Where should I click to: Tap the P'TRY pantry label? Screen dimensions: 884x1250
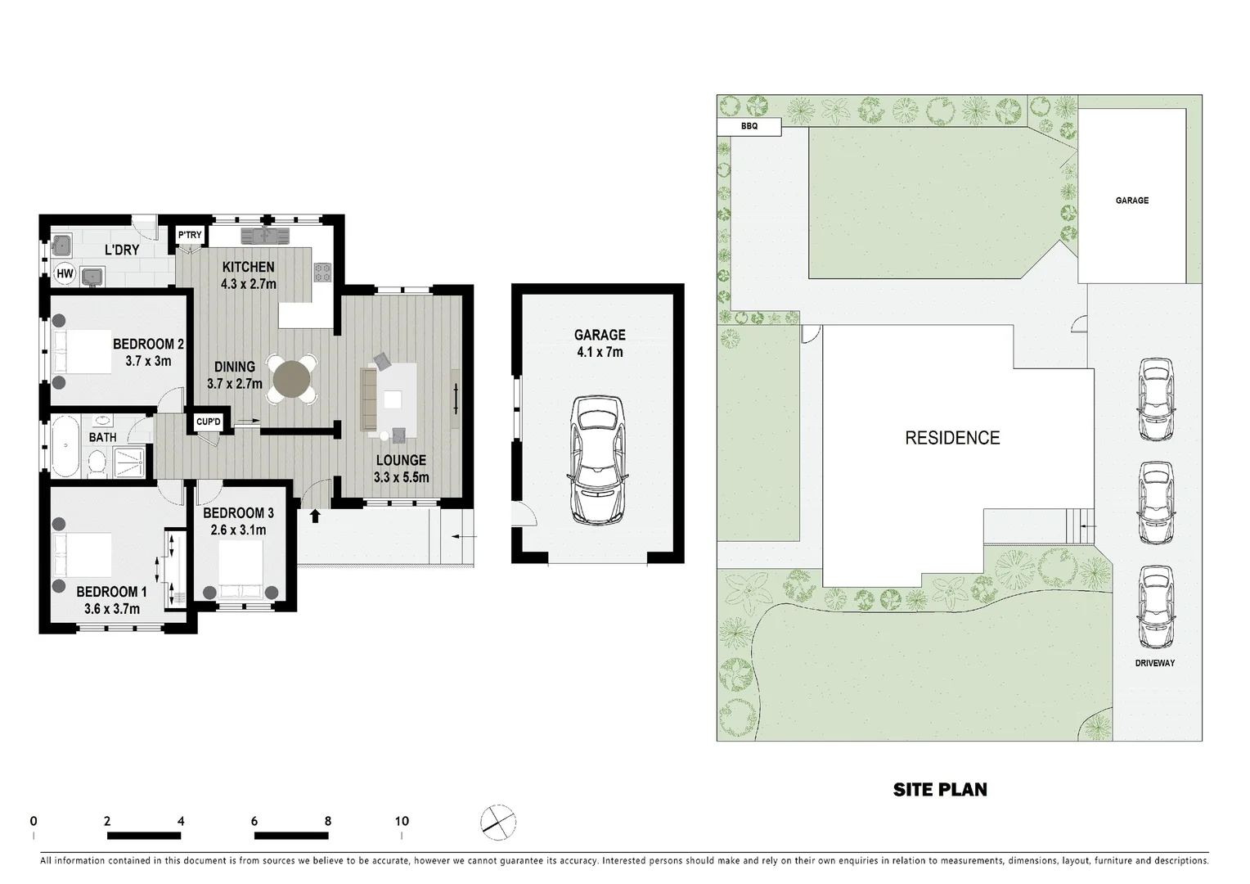[x=190, y=236]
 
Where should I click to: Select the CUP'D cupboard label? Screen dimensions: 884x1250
[x=209, y=422]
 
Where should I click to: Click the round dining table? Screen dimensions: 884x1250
[x=292, y=379]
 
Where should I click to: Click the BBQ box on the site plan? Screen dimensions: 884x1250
[x=749, y=127]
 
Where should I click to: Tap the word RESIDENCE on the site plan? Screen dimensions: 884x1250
[x=952, y=438]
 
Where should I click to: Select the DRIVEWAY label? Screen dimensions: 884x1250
[x=1154, y=663]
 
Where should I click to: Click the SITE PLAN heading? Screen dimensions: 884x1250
[x=940, y=790]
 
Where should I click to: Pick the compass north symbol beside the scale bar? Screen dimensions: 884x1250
[x=499, y=823]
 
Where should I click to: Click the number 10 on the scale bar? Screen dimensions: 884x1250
[x=402, y=821]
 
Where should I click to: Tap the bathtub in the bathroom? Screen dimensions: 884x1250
[x=64, y=447]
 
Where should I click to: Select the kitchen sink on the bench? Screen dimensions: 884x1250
[x=266, y=237]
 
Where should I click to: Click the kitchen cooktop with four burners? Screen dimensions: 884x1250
[x=322, y=272]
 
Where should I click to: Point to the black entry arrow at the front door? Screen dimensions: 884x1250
[x=316, y=516]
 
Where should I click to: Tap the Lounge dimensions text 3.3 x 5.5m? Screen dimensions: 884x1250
[x=401, y=477]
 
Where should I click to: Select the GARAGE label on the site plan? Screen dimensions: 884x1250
[x=1131, y=201]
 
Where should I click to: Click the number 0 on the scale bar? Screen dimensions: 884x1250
[x=34, y=821]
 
